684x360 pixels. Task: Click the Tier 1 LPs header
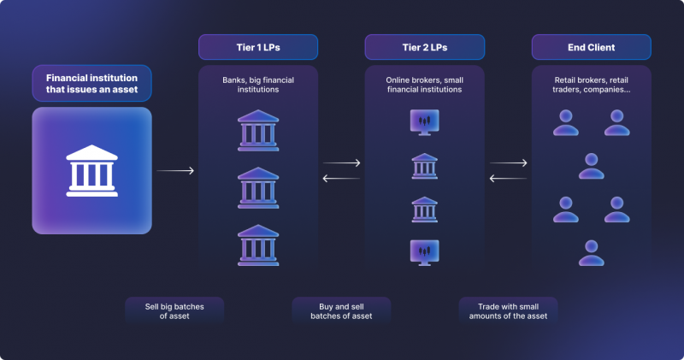(258, 47)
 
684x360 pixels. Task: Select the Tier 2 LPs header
(424, 47)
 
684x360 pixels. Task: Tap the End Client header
(591, 47)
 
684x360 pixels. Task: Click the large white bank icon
(92, 171)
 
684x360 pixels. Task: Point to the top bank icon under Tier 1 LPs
(258, 131)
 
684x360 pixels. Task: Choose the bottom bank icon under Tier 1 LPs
(258, 245)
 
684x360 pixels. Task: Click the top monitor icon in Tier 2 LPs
(424, 122)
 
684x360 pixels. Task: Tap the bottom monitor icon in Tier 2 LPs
(424, 252)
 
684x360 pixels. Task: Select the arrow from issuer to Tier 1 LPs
(175, 171)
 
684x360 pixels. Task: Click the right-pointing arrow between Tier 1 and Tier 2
(341, 162)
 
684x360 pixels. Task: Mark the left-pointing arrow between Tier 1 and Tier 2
(341, 178)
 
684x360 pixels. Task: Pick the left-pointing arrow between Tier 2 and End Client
(508, 178)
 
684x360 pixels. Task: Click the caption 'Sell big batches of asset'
(174, 311)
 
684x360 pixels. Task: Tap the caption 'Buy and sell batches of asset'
(341, 311)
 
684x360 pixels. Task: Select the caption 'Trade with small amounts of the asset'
(508, 311)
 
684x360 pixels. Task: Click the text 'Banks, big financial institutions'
(258, 85)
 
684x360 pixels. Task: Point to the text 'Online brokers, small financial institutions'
(424, 85)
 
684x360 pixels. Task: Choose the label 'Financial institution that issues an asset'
(92, 83)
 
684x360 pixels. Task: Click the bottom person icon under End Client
(592, 252)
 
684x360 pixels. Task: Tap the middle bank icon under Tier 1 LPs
(258, 187)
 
